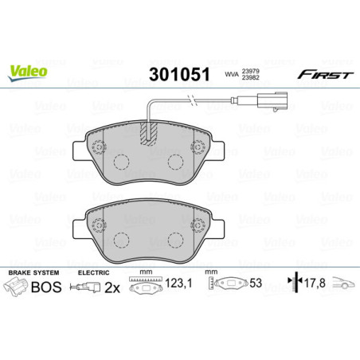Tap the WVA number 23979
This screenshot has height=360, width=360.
[x=252, y=70]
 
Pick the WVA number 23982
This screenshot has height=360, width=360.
[x=252, y=78]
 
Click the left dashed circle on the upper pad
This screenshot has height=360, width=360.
[x=122, y=162]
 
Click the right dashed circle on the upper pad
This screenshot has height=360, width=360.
[x=177, y=162]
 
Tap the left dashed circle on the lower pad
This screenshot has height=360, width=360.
[x=122, y=241]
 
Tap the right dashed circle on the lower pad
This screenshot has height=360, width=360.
[x=177, y=241]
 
